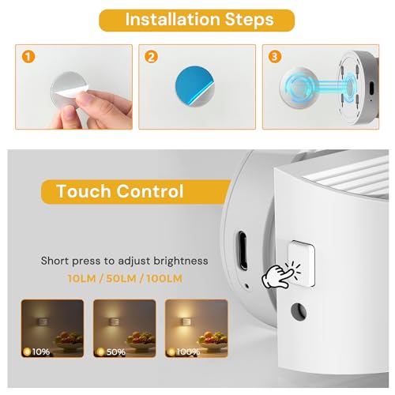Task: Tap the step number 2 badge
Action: pyautogui.click(x=151, y=57)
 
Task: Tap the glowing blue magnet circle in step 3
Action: pyautogui.click(x=300, y=87)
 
